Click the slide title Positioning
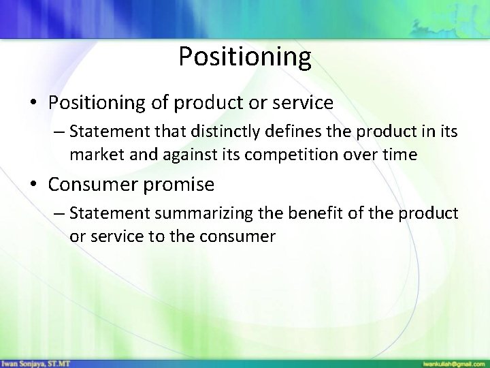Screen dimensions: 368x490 245,57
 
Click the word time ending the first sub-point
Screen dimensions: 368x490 400,155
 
